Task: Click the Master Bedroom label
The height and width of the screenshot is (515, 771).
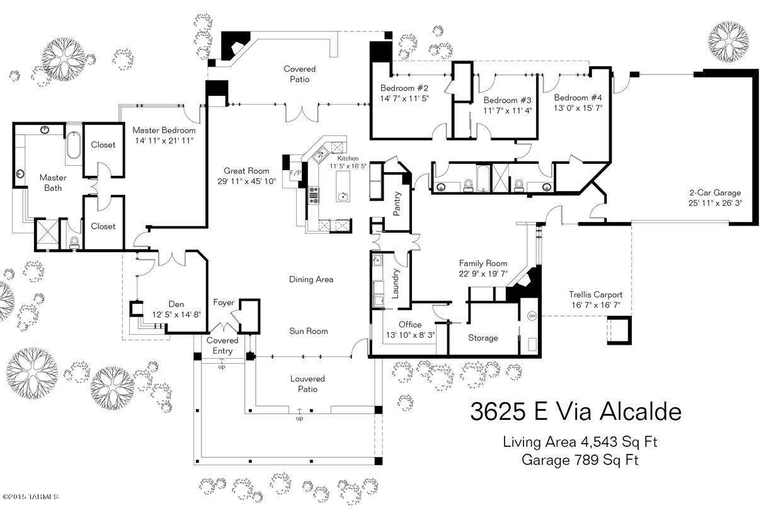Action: pos(164,130)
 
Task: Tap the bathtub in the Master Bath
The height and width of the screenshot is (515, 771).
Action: pos(73,146)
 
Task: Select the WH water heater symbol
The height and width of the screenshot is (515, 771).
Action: pos(532,316)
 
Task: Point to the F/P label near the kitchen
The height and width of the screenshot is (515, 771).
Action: pos(295,173)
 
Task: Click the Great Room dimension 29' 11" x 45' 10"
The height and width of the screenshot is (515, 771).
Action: pos(246,181)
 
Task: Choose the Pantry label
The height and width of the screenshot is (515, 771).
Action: pos(396,204)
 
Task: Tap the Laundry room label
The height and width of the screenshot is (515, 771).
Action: pos(395,284)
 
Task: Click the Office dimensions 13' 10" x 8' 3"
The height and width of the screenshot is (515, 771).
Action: pos(410,335)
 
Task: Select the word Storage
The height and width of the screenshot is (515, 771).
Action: pos(483,338)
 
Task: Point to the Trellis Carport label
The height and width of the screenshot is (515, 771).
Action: pos(595,295)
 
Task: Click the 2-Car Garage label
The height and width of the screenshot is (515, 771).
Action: pos(715,193)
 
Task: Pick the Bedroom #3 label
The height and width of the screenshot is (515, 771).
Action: pos(507,100)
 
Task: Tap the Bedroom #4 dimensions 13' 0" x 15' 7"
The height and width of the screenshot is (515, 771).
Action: pos(578,108)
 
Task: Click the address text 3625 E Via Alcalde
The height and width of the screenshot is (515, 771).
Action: pos(576,412)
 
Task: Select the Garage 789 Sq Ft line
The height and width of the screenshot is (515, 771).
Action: pos(580,460)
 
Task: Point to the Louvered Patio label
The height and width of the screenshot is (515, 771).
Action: pos(307,384)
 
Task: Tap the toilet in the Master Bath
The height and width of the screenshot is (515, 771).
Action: pos(74,243)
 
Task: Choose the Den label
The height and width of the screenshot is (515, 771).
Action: pos(176,304)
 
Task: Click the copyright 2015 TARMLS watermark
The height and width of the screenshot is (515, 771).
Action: pos(30,497)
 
